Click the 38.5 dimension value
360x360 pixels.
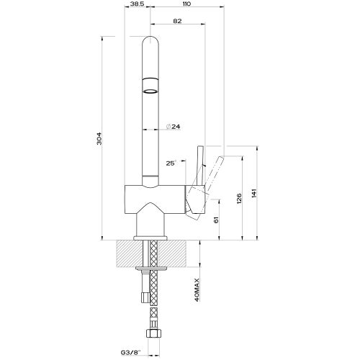point(138,4)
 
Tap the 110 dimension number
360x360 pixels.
point(186,4)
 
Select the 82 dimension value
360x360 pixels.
point(177,21)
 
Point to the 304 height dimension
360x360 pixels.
point(99,138)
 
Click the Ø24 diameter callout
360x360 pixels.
point(173,126)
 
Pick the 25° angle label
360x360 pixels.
point(171,163)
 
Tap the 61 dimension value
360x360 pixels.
point(216,220)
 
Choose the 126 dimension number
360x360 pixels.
point(239,199)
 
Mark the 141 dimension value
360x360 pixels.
point(254,194)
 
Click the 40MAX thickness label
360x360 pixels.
point(197,289)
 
